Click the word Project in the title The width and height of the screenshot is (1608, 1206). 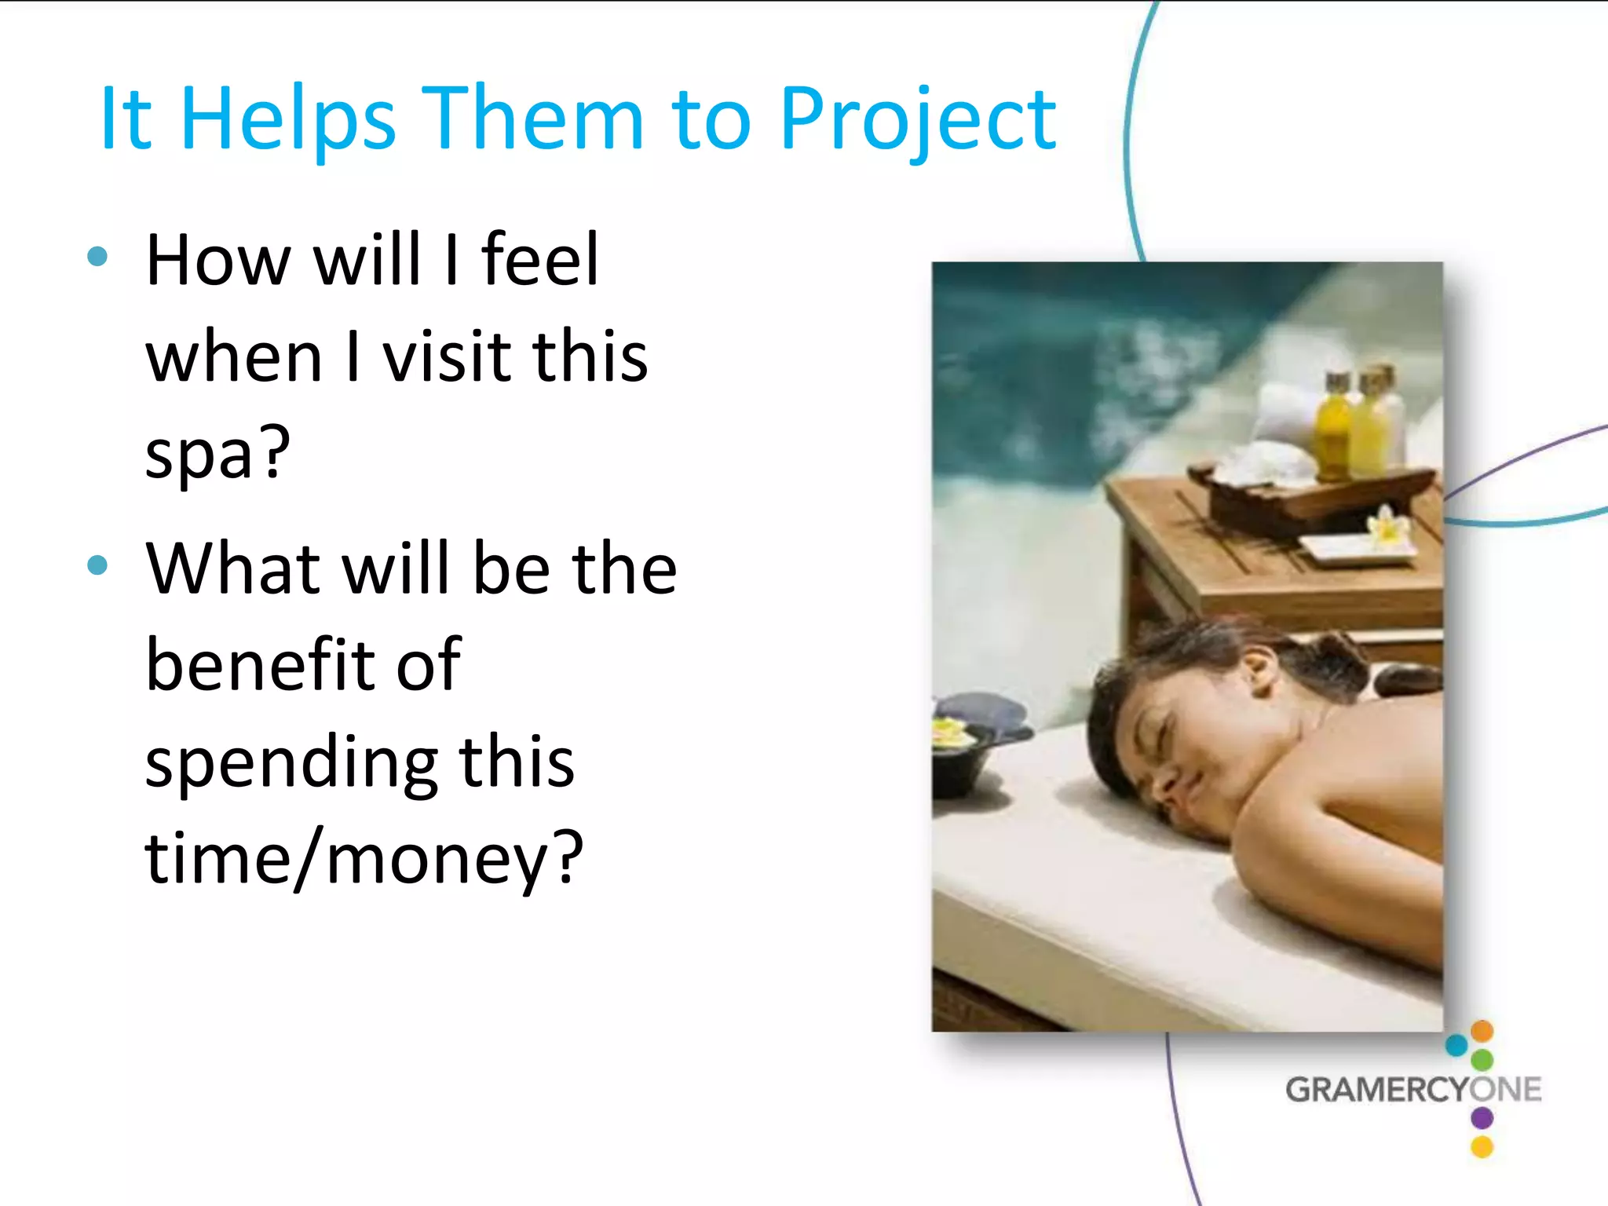click(918, 119)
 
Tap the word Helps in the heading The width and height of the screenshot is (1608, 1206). click(288, 119)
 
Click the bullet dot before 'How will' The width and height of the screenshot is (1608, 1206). click(97, 256)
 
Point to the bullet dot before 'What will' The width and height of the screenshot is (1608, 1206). click(97, 565)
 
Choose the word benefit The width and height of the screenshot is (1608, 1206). click(303, 664)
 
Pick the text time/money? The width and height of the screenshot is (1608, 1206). click(364, 858)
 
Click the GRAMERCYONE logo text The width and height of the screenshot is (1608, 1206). click(1412, 1090)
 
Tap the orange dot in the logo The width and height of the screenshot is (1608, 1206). click(1482, 1030)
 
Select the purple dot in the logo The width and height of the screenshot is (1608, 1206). click(1482, 1117)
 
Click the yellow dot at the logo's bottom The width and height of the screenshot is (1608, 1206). click(1482, 1147)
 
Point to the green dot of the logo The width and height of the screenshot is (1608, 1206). click(1482, 1060)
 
